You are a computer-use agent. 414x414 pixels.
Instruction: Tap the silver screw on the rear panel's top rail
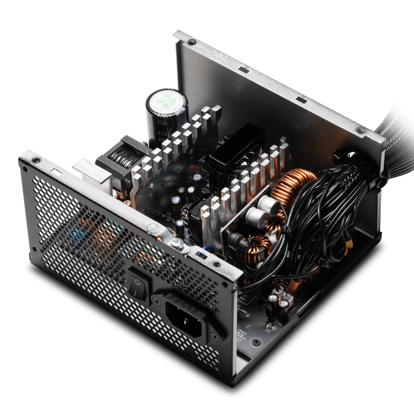pyautogui.click(x=170, y=243)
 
